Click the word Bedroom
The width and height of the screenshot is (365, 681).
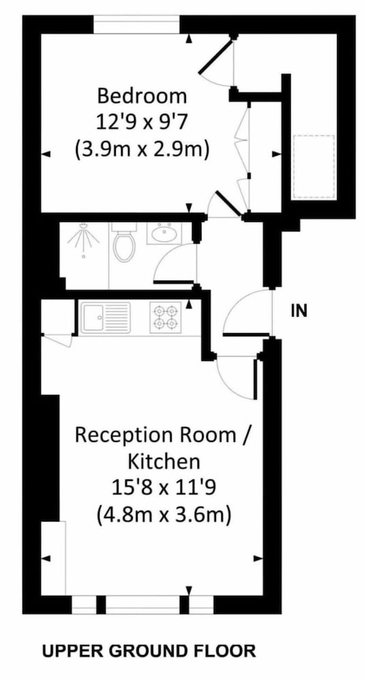pyautogui.click(x=142, y=96)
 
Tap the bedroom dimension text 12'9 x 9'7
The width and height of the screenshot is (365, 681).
pyautogui.click(x=142, y=123)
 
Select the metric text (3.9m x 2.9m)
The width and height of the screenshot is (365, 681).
pyautogui.click(x=142, y=150)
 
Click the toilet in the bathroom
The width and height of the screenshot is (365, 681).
pyautogui.click(x=124, y=242)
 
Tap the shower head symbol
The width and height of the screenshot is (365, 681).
pyautogui.click(x=83, y=242)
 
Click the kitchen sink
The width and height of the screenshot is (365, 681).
pyautogui.click(x=106, y=318)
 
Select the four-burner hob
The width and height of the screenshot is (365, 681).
pyautogui.click(x=165, y=317)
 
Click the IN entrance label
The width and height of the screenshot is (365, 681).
pyautogui.click(x=299, y=311)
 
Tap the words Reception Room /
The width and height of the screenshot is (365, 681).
pyautogui.click(x=163, y=435)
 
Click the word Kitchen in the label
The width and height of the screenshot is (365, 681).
pyautogui.click(x=164, y=462)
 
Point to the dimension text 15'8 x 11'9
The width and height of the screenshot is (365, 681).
pyautogui.click(x=163, y=488)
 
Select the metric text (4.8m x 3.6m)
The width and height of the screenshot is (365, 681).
pyautogui.click(x=163, y=516)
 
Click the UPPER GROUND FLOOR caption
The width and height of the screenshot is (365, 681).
pyautogui.click(x=148, y=651)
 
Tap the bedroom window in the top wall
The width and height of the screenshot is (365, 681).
pyautogui.click(x=136, y=25)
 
